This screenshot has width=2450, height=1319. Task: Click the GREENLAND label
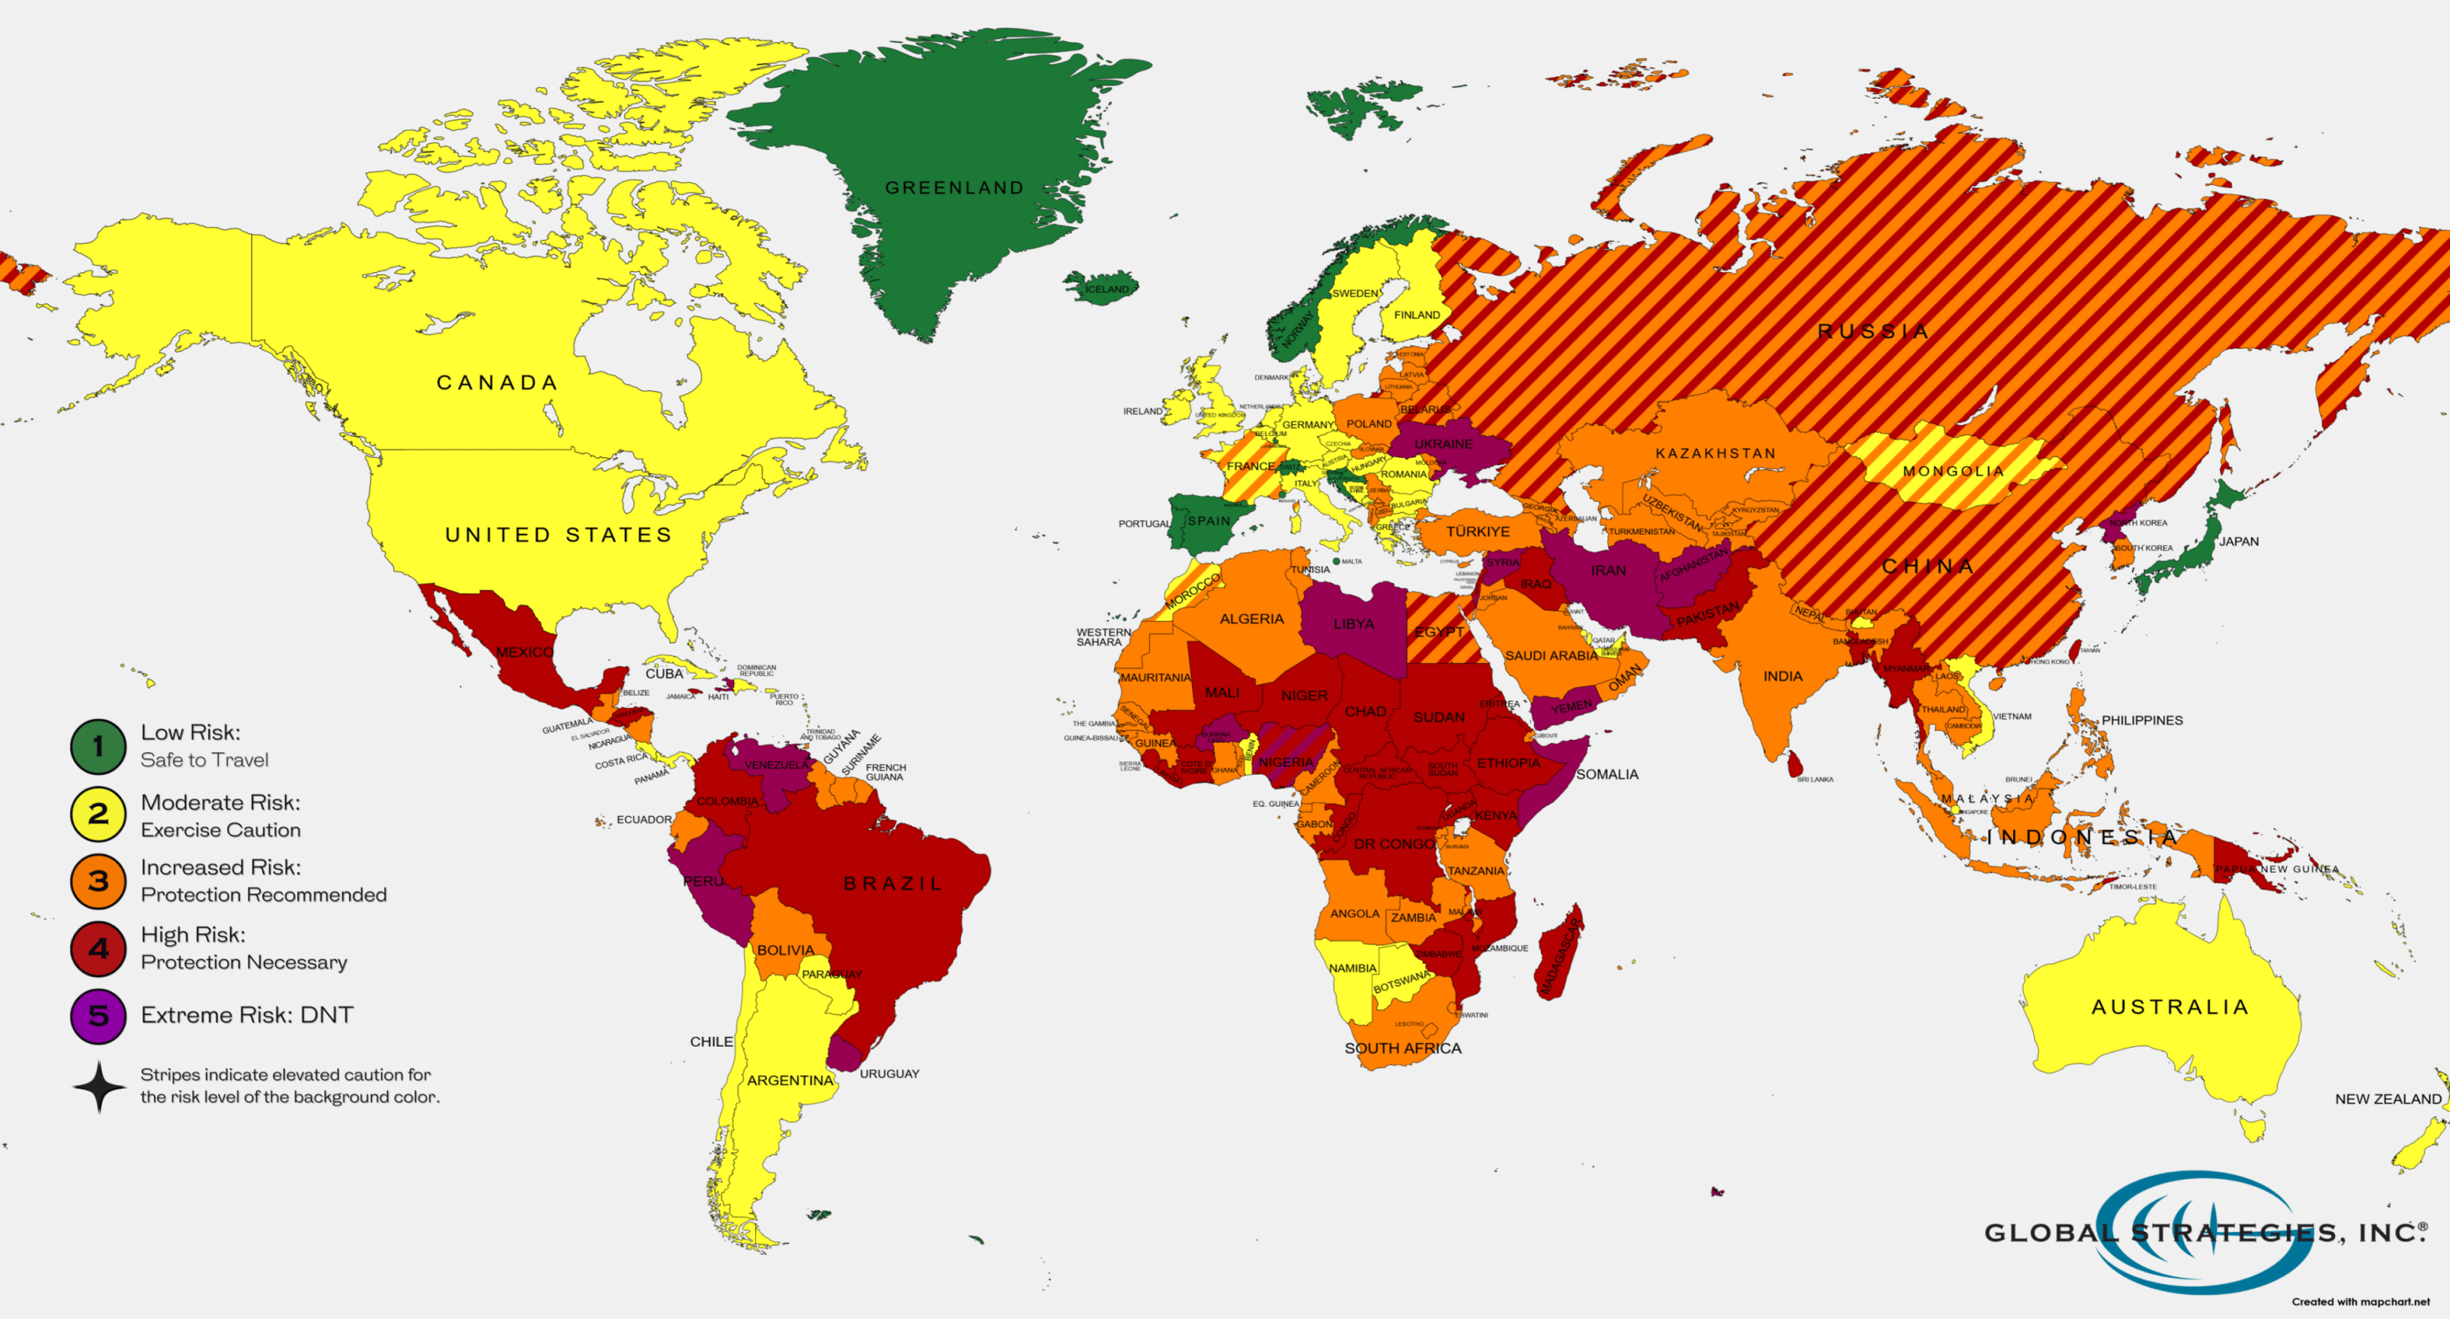[954, 187]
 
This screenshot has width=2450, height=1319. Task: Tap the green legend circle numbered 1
[98, 747]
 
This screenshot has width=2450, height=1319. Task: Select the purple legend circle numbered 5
[98, 1016]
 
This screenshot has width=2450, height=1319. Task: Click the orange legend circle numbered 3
[98, 881]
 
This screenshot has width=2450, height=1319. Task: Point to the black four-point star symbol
[99, 1086]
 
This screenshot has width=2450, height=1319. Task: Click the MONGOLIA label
[1954, 471]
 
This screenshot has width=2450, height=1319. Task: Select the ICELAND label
[1107, 289]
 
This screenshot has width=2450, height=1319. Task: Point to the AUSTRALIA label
[2170, 1007]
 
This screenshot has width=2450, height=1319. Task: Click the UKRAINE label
[1443, 444]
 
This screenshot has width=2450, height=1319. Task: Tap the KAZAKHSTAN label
[1715, 453]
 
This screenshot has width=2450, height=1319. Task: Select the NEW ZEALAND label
[2388, 1099]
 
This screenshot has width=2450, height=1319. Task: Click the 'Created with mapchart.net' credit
[2360, 1302]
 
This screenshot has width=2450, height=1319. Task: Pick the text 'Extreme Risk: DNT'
[247, 1014]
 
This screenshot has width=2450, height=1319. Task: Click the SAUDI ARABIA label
[1551, 655]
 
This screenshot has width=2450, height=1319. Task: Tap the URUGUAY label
[890, 1074]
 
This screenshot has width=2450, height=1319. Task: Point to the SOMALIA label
[1606, 774]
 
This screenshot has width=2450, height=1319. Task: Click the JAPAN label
[2238, 541]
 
